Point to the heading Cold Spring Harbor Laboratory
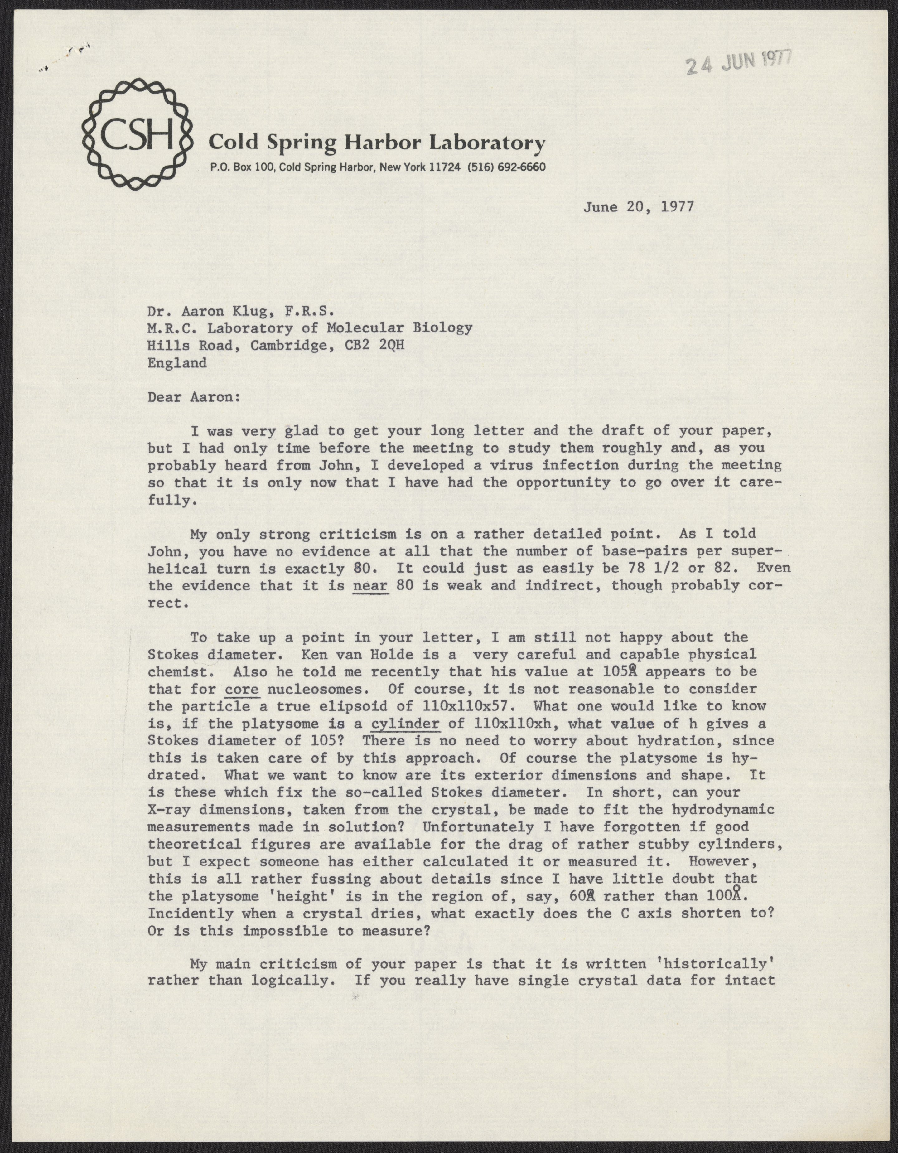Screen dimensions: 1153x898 [x=376, y=142]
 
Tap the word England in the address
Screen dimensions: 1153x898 [x=177, y=363]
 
